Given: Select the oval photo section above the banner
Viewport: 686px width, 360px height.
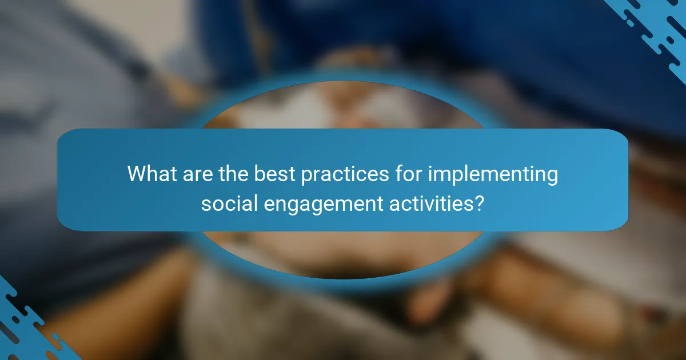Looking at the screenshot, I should tap(343, 106).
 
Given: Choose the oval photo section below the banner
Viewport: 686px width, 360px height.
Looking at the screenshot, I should tap(343, 254).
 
